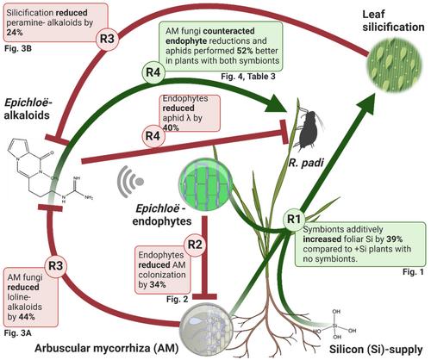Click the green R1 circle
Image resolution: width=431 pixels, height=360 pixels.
pyautogui.click(x=294, y=220)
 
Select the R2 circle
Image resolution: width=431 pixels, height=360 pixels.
pyautogui.click(x=195, y=245)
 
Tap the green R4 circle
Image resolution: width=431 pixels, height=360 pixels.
pyautogui.click(x=153, y=72)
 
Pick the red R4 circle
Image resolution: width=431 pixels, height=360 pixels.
pyautogui.click(x=153, y=135)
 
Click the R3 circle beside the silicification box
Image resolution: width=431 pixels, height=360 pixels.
pyautogui.click(x=107, y=39)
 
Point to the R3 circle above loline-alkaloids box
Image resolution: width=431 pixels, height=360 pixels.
pyautogui.click(x=55, y=265)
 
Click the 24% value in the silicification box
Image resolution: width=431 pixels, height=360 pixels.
pyautogui.click(x=15, y=33)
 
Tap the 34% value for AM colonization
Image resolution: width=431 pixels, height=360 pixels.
pyautogui.click(x=158, y=284)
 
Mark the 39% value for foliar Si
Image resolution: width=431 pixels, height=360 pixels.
pyautogui.click(x=394, y=239)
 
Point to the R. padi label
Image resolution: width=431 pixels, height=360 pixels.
pyautogui.click(x=306, y=163)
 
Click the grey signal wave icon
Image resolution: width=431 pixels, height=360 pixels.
pyautogui.click(x=130, y=182)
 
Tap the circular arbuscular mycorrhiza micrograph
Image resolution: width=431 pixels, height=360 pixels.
pyautogui.click(x=206, y=328)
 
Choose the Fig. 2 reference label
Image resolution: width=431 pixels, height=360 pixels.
pyautogui.click(x=177, y=300)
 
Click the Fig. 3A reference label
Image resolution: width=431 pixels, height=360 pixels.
pyautogui.click(x=18, y=333)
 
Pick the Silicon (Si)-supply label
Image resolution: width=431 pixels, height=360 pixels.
pyautogui.click(x=376, y=350)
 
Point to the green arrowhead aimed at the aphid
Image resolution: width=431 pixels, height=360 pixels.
pyautogui.click(x=276, y=106)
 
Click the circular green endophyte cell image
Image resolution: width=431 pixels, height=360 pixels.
pyautogui.click(x=206, y=183)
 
